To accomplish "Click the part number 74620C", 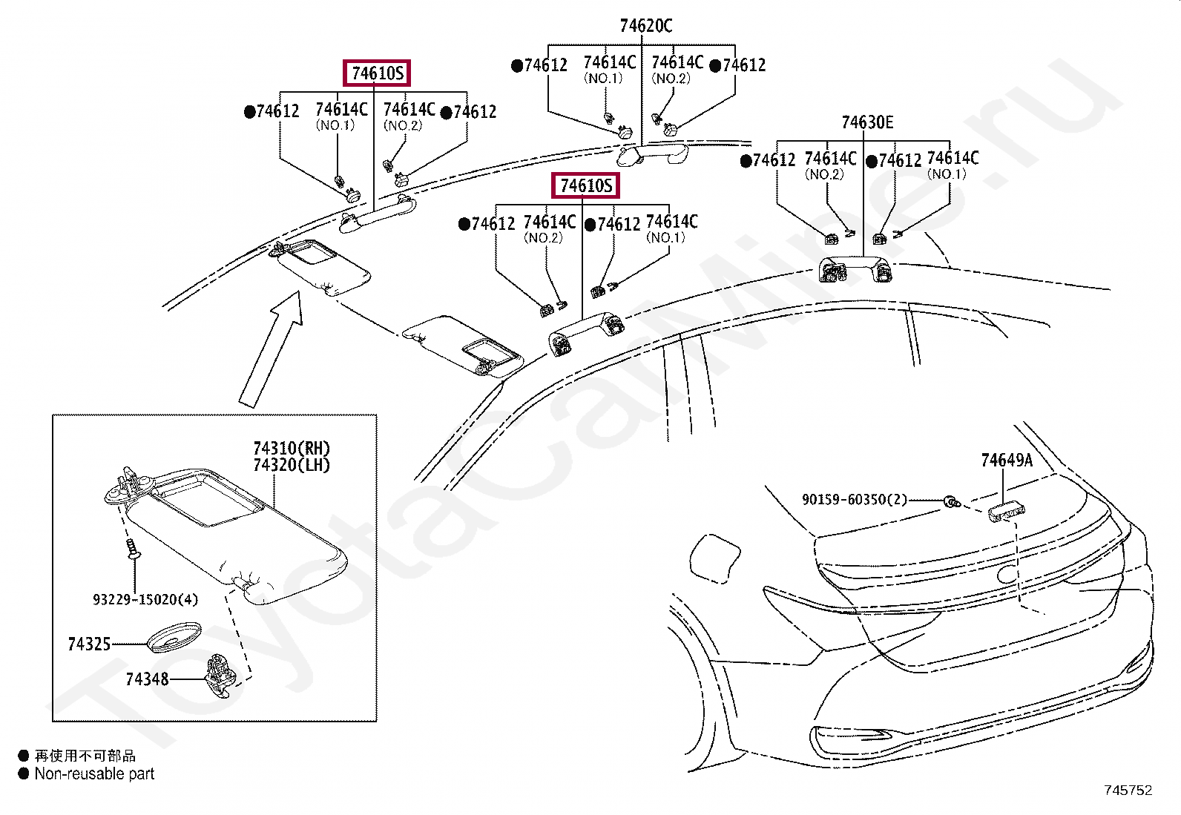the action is click(646, 25).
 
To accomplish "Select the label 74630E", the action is click(867, 122).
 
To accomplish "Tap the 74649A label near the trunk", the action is click(1007, 461).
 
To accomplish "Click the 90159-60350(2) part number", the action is click(854, 499).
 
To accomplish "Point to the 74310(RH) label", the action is click(292, 448).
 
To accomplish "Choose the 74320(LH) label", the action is click(292, 465).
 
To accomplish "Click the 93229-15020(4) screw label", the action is click(145, 599).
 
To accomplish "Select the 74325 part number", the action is click(89, 644).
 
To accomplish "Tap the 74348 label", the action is click(147, 679).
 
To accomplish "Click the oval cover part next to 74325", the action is click(174, 637).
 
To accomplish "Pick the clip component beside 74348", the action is click(220, 676).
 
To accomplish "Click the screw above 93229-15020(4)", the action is click(133, 548).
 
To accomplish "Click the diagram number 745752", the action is click(1128, 790).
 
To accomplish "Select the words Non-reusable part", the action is click(94, 773).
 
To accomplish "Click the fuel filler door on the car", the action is click(714, 558).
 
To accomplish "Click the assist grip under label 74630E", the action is click(855, 268).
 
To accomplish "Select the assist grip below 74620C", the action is click(652, 155).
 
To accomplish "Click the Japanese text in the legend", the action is click(85, 756).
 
